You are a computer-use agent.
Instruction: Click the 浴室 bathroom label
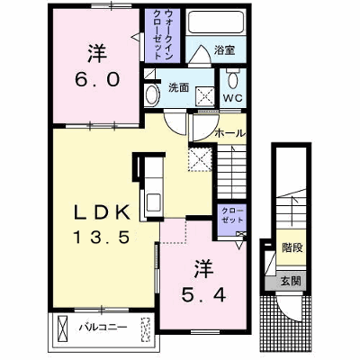pyautogui.click(x=224, y=50)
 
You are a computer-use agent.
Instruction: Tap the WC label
pyautogui.click(x=232, y=98)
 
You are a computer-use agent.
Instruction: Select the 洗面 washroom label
pyautogui.click(x=178, y=87)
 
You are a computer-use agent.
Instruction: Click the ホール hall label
pyautogui.click(x=230, y=133)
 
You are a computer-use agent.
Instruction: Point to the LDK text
pyautogui.click(x=102, y=213)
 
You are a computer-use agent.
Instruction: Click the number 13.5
pyautogui.click(x=102, y=238)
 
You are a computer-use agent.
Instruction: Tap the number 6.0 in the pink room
pyautogui.click(x=97, y=80)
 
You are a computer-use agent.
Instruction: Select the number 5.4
pyautogui.click(x=203, y=296)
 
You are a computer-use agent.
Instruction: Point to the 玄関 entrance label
pyautogui.click(x=291, y=282)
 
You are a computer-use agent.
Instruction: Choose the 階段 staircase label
pyautogui.click(x=292, y=247)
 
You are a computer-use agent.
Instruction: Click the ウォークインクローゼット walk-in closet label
pyautogui.click(x=162, y=33)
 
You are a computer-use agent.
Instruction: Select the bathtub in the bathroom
pyautogui.click(x=216, y=22)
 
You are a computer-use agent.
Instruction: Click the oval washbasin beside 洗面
pyautogui.click(x=152, y=94)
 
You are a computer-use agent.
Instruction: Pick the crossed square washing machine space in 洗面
pyautogui.click(x=205, y=96)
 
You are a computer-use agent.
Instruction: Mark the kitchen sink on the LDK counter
pyautogui.click(x=153, y=202)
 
